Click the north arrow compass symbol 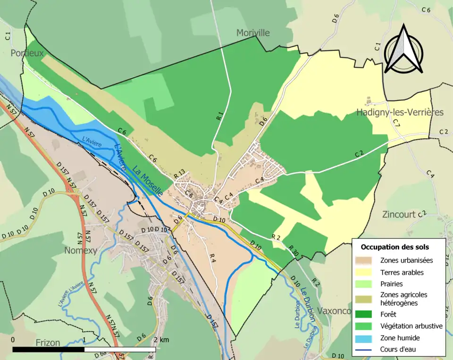[x=403, y=50]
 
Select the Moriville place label [x=252, y=33]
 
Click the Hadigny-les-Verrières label [x=400, y=112]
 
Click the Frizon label [x=48, y=343]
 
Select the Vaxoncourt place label [x=334, y=311]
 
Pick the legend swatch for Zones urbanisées [x=366, y=260]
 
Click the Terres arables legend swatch [x=366, y=272]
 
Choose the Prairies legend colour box [x=366, y=284]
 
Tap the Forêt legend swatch [x=366, y=314]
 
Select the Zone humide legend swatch [x=366, y=338]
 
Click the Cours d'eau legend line [x=366, y=350]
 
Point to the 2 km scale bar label [x=161, y=340]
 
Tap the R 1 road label [x=220, y=116]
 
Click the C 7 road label [x=396, y=124]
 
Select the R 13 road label [x=179, y=174]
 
